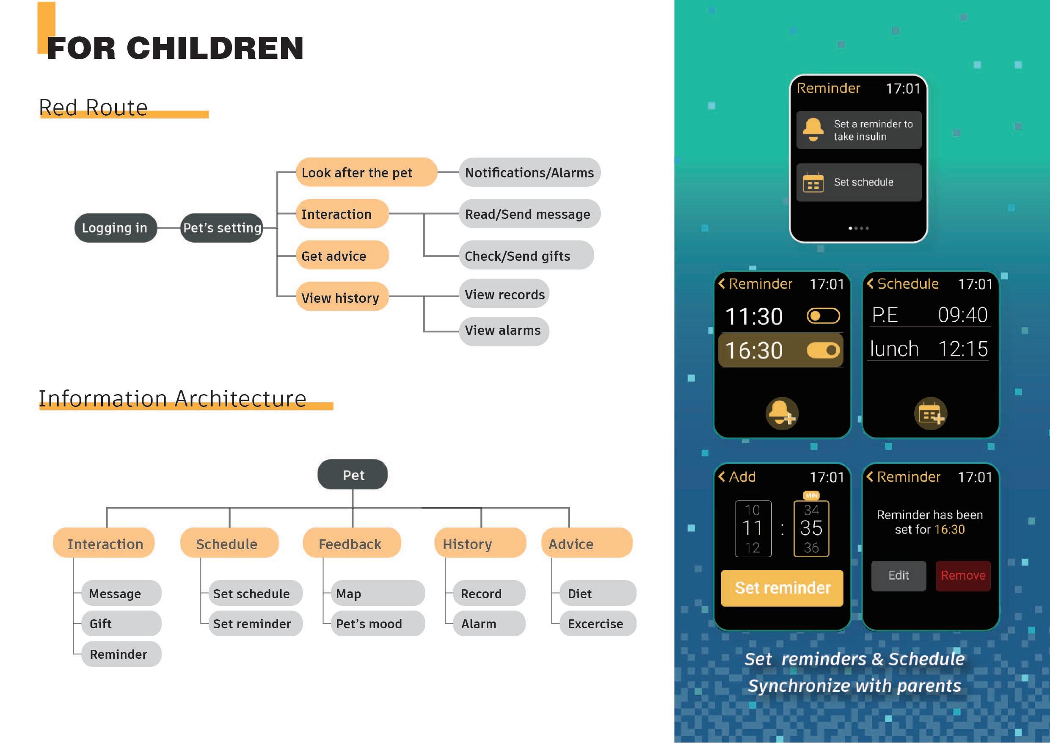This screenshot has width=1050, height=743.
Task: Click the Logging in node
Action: [115, 228]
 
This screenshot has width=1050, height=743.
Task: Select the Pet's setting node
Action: [222, 228]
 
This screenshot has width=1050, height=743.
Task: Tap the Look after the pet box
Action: [366, 172]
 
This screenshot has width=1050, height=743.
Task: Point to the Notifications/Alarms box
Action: [529, 172]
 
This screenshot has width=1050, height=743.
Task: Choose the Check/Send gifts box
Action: [526, 256]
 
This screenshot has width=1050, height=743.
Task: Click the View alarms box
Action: [503, 330]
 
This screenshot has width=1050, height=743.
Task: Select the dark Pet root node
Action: [353, 475]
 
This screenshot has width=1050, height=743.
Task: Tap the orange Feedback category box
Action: [351, 544]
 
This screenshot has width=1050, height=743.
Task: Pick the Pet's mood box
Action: [377, 624]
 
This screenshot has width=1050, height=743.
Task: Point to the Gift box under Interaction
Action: [121, 624]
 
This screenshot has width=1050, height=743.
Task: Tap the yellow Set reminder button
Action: [782, 588]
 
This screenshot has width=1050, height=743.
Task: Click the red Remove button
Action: [963, 575]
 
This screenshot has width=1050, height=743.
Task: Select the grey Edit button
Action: [898, 575]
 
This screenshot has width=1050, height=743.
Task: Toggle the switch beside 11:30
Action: [823, 316]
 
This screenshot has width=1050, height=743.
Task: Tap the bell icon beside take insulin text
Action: [813, 130]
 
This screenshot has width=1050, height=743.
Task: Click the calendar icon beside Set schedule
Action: [813, 183]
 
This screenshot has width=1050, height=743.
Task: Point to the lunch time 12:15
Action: [963, 349]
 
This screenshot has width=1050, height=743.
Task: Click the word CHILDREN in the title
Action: [215, 48]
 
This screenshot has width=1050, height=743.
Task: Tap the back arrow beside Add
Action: [722, 477]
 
